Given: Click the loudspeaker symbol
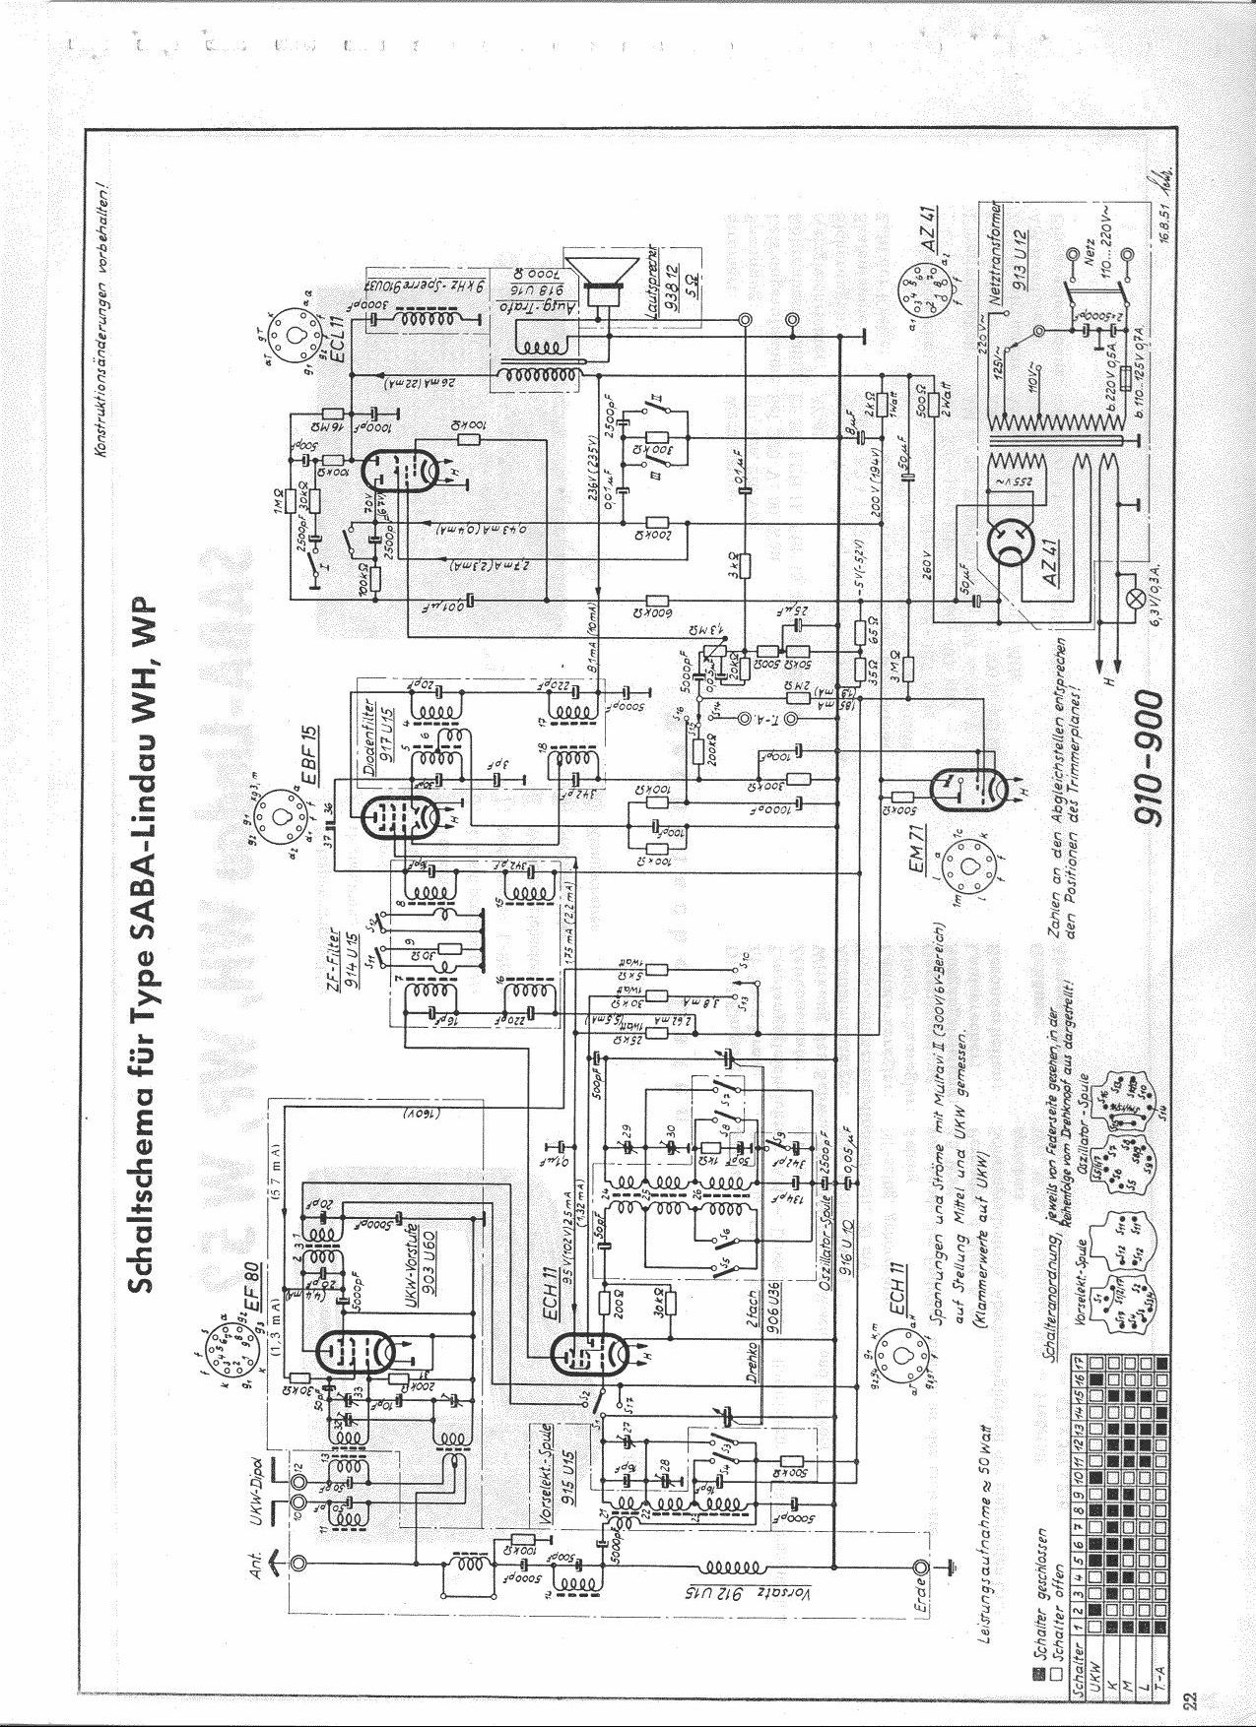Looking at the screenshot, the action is tap(602, 281).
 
